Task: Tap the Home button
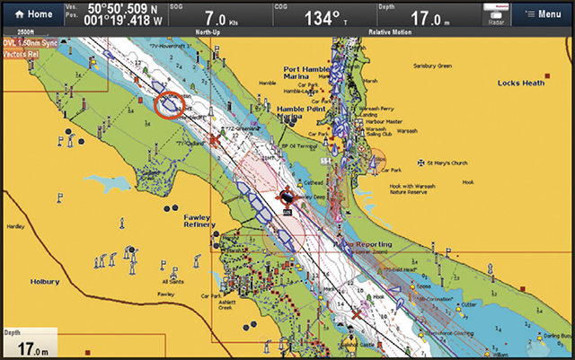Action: pos(32,14)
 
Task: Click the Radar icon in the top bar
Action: pos(495,14)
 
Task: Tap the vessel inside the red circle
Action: pos(169,105)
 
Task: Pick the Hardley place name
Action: pos(15,227)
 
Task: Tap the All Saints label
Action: pos(172,282)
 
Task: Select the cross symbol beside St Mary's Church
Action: pos(421,163)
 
